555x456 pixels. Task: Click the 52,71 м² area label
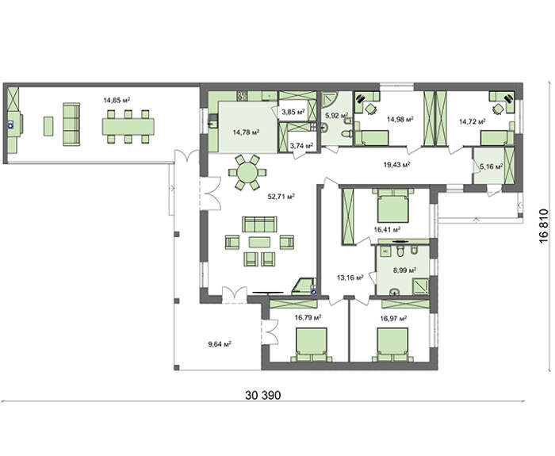click(281, 197)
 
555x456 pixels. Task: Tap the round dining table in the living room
click(247, 173)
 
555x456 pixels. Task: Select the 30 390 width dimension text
click(263, 395)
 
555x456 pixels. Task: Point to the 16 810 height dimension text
click(544, 226)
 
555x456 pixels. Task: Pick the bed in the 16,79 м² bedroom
click(311, 345)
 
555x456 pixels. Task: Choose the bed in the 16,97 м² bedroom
click(393, 345)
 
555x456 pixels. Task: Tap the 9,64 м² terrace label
click(220, 344)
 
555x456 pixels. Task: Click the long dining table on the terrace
click(128, 127)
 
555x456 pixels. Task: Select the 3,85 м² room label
click(293, 113)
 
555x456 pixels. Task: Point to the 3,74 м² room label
click(301, 145)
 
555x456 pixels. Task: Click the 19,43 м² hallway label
click(396, 164)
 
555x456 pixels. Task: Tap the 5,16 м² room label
click(492, 166)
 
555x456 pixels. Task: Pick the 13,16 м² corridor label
click(350, 278)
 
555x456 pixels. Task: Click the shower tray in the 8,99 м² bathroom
click(420, 286)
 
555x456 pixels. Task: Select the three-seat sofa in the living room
click(259, 224)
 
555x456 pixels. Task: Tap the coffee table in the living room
click(259, 242)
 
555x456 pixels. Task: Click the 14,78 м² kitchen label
click(246, 132)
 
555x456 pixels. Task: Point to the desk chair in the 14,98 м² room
click(371, 109)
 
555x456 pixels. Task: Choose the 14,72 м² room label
click(473, 122)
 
